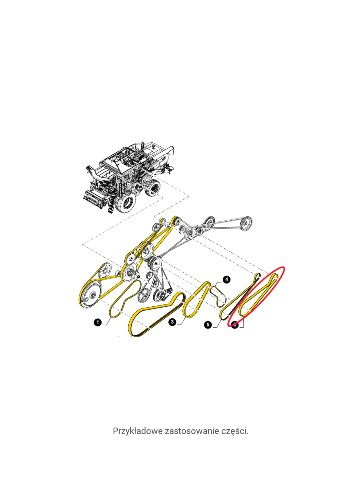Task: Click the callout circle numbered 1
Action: tap(98, 322)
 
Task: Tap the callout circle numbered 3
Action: tap(172, 322)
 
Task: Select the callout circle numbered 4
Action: tap(226, 280)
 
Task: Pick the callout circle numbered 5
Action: tap(208, 324)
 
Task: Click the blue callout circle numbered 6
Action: tap(235, 325)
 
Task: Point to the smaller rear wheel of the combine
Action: tap(152, 188)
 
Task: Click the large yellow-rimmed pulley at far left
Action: tap(89, 296)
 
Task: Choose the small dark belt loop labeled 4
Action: tap(218, 297)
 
